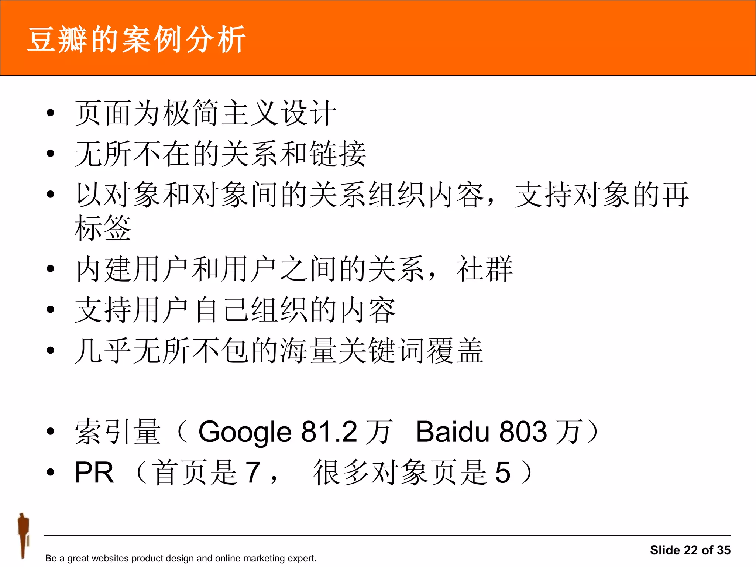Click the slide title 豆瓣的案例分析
coord(137,39)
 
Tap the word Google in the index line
coord(245,432)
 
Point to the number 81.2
coord(329,432)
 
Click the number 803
coord(523,432)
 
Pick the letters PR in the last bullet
coord(94,472)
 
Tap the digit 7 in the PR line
coord(253,472)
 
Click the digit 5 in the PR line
coord(503,472)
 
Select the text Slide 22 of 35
coord(690,550)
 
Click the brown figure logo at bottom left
coord(23,535)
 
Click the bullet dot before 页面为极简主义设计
coord(51,113)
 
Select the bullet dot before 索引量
coord(51,431)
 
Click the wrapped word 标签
coord(103,228)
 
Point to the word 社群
coord(484,269)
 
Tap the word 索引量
coord(118,432)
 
